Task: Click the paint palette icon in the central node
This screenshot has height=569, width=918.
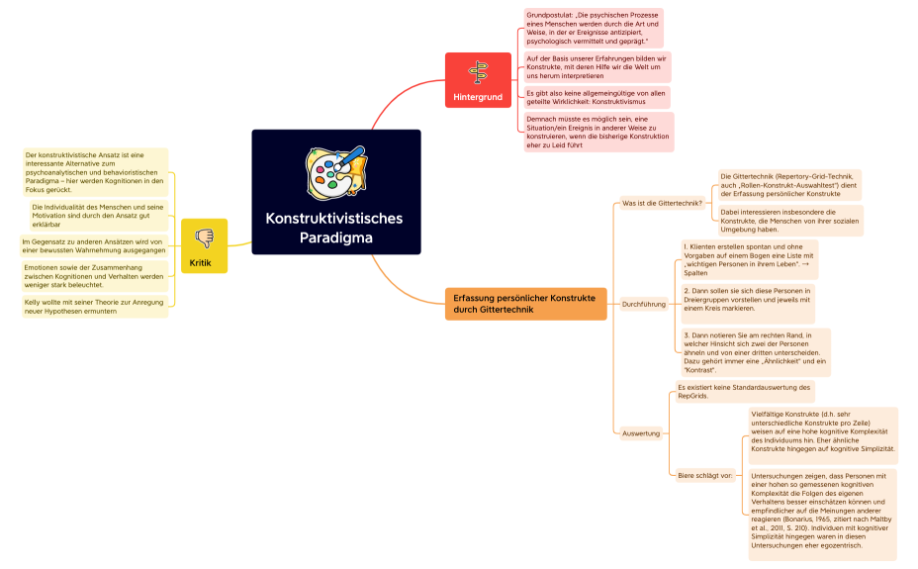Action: [336, 174]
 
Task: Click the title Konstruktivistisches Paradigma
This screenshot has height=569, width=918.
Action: [334, 228]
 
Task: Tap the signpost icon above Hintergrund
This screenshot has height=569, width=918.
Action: [478, 72]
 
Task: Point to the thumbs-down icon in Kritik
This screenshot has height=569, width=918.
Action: [204, 238]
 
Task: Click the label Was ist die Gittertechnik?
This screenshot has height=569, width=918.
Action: [662, 204]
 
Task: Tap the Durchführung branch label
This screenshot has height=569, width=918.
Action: [643, 304]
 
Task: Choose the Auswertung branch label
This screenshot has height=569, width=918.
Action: [640, 433]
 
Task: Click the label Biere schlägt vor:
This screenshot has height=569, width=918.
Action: [704, 475]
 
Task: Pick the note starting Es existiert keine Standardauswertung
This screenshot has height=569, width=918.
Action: [744, 391]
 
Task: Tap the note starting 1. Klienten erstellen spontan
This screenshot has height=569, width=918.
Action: [749, 258]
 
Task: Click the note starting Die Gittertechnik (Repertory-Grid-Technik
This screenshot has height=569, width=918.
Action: [789, 185]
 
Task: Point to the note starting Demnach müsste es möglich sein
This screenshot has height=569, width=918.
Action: [597, 132]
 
